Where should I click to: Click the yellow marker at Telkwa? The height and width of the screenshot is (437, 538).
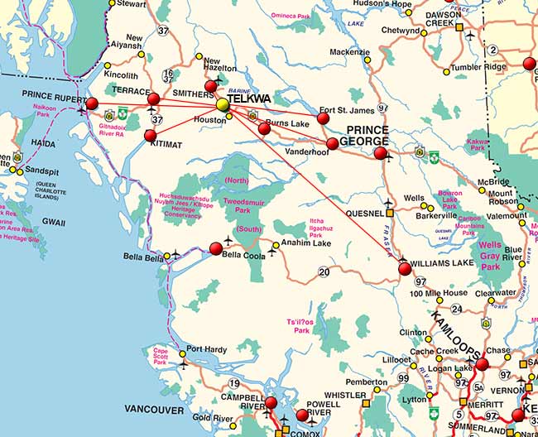222,105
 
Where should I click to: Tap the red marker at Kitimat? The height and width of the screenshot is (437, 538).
151,135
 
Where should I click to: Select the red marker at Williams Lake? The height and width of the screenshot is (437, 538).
405,268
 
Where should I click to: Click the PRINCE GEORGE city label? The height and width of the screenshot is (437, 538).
367,136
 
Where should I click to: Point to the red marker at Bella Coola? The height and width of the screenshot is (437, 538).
216,248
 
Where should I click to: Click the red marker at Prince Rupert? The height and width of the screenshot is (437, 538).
92,103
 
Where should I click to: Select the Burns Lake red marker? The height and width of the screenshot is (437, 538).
264,128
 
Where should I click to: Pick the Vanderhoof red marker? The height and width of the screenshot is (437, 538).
332,144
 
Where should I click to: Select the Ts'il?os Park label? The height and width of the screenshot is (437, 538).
303,325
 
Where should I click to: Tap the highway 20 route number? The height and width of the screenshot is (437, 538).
324,271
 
